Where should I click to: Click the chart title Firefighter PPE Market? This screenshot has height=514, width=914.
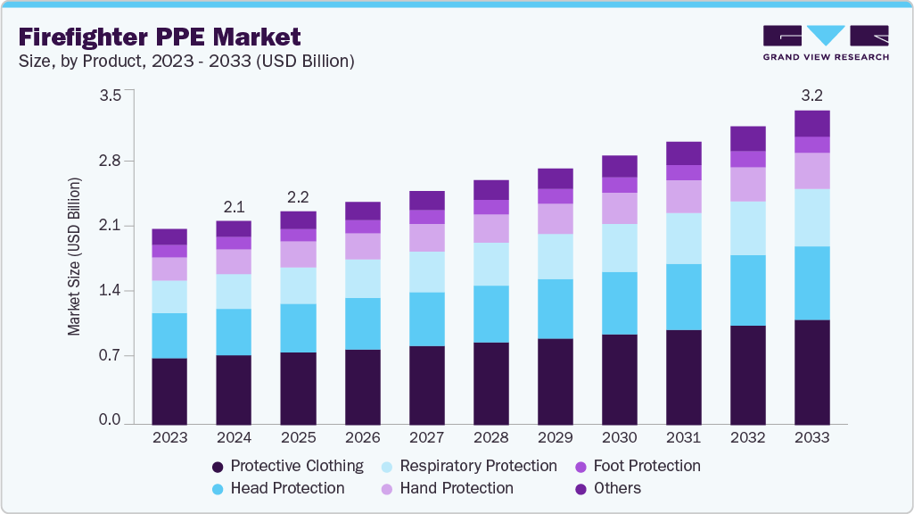pos(160,37)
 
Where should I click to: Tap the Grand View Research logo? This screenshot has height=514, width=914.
pos(825,42)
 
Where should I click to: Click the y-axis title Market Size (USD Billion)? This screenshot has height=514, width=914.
pos(75,257)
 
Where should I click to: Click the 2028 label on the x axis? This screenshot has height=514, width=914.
pos(490,438)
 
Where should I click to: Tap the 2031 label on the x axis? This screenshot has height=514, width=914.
pos(683,438)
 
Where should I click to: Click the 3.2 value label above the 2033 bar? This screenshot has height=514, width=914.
pos(811,94)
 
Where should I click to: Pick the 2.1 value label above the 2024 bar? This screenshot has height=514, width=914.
pos(234,206)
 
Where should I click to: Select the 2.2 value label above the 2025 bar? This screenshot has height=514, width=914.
pos(298,196)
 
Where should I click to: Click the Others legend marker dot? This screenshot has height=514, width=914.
pos(581,489)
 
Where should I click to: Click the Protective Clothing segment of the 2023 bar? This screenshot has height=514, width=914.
pos(169,390)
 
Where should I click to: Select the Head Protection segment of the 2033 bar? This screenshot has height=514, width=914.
pos(811,282)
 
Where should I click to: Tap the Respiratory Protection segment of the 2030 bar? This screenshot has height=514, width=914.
pos(619,247)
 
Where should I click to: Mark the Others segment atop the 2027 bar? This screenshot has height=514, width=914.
pos(426,200)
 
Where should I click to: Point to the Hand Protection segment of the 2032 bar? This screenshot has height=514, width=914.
pos(747,184)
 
